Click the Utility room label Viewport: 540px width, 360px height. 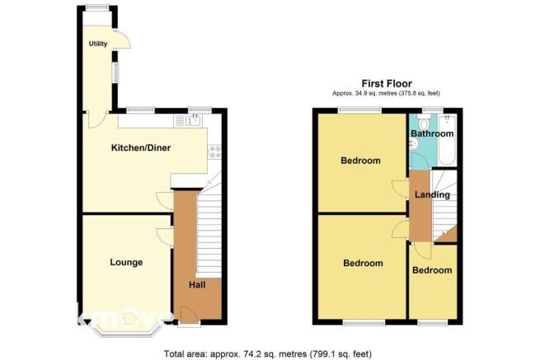98,44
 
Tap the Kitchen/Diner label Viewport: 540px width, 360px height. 141,148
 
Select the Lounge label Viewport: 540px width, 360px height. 126,263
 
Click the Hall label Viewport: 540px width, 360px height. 197,285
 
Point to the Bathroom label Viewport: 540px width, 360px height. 432,133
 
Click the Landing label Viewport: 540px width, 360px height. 432,194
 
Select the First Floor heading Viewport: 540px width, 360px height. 387,84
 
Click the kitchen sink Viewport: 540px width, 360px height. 194,121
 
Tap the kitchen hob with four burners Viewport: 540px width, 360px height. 214,152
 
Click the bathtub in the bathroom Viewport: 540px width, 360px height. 447,140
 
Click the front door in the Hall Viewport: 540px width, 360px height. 189,314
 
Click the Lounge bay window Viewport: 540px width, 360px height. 125,330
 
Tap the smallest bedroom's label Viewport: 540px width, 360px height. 432,270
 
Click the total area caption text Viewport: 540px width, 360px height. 268,353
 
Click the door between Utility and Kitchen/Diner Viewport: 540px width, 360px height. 97,119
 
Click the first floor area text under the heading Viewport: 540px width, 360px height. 386,93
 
